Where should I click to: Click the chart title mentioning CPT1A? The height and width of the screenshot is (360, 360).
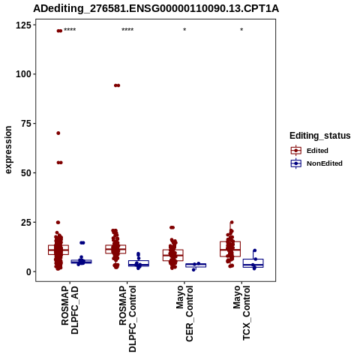coord(156,9)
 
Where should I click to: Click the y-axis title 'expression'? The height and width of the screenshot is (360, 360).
coord(8,150)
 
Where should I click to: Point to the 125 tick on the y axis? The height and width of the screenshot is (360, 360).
coord(23,25)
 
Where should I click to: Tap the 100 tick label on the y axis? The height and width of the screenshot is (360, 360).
coord(23,74)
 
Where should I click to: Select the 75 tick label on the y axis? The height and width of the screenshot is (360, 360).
coord(26,124)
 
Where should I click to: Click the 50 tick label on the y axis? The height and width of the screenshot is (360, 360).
coord(26,173)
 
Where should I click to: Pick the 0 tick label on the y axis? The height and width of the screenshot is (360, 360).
coord(29,271)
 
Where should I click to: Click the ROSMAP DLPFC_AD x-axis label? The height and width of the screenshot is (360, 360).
coord(70,310)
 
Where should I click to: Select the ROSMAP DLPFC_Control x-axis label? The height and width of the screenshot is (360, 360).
coord(127,319)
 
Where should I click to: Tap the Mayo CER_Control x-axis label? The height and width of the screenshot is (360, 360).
coord(184,313)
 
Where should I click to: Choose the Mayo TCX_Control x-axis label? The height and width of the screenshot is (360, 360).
coord(241,313)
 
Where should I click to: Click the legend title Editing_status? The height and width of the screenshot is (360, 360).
coord(320,136)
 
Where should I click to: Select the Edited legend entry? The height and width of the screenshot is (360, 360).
coord(310,151)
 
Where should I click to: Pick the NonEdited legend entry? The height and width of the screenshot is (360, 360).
coord(316,163)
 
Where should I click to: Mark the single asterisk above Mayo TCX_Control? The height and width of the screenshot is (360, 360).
coord(241,30)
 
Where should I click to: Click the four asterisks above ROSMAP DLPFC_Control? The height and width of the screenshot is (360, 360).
coord(127,30)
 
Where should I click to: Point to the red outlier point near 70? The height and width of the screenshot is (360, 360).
coord(58,133)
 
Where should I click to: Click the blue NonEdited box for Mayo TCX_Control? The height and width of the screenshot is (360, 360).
coord(253,263)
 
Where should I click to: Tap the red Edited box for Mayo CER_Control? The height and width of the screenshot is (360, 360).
coord(173,255)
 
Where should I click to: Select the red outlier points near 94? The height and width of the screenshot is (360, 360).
coord(117,85)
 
